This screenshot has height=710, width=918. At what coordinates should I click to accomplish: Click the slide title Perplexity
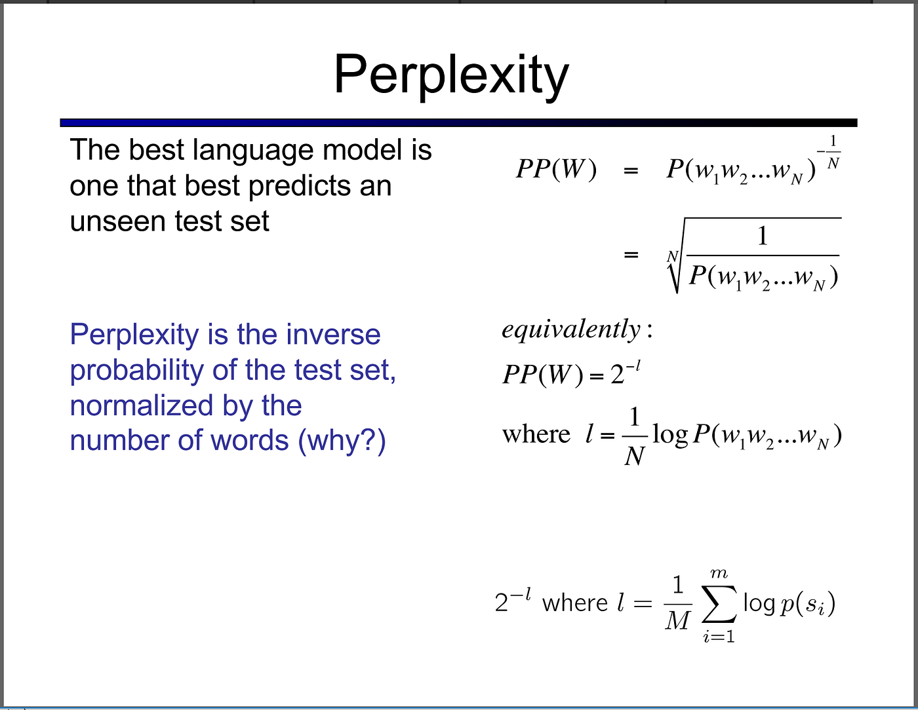[x=451, y=75]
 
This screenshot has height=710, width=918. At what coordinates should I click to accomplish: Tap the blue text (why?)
[x=342, y=441]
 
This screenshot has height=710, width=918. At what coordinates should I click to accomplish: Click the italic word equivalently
[x=571, y=329]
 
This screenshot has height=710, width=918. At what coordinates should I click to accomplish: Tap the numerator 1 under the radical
[x=763, y=236]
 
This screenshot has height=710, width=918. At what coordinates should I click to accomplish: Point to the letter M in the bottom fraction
[x=678, y=620]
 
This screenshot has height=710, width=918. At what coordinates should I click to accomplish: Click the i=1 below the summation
[x=719, y=636]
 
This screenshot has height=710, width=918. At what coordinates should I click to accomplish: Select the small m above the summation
[x=719, y=573]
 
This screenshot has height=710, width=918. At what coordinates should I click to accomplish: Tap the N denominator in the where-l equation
[x=634, y=456]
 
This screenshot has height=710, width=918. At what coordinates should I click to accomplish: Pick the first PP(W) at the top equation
[x=556, y=170]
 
